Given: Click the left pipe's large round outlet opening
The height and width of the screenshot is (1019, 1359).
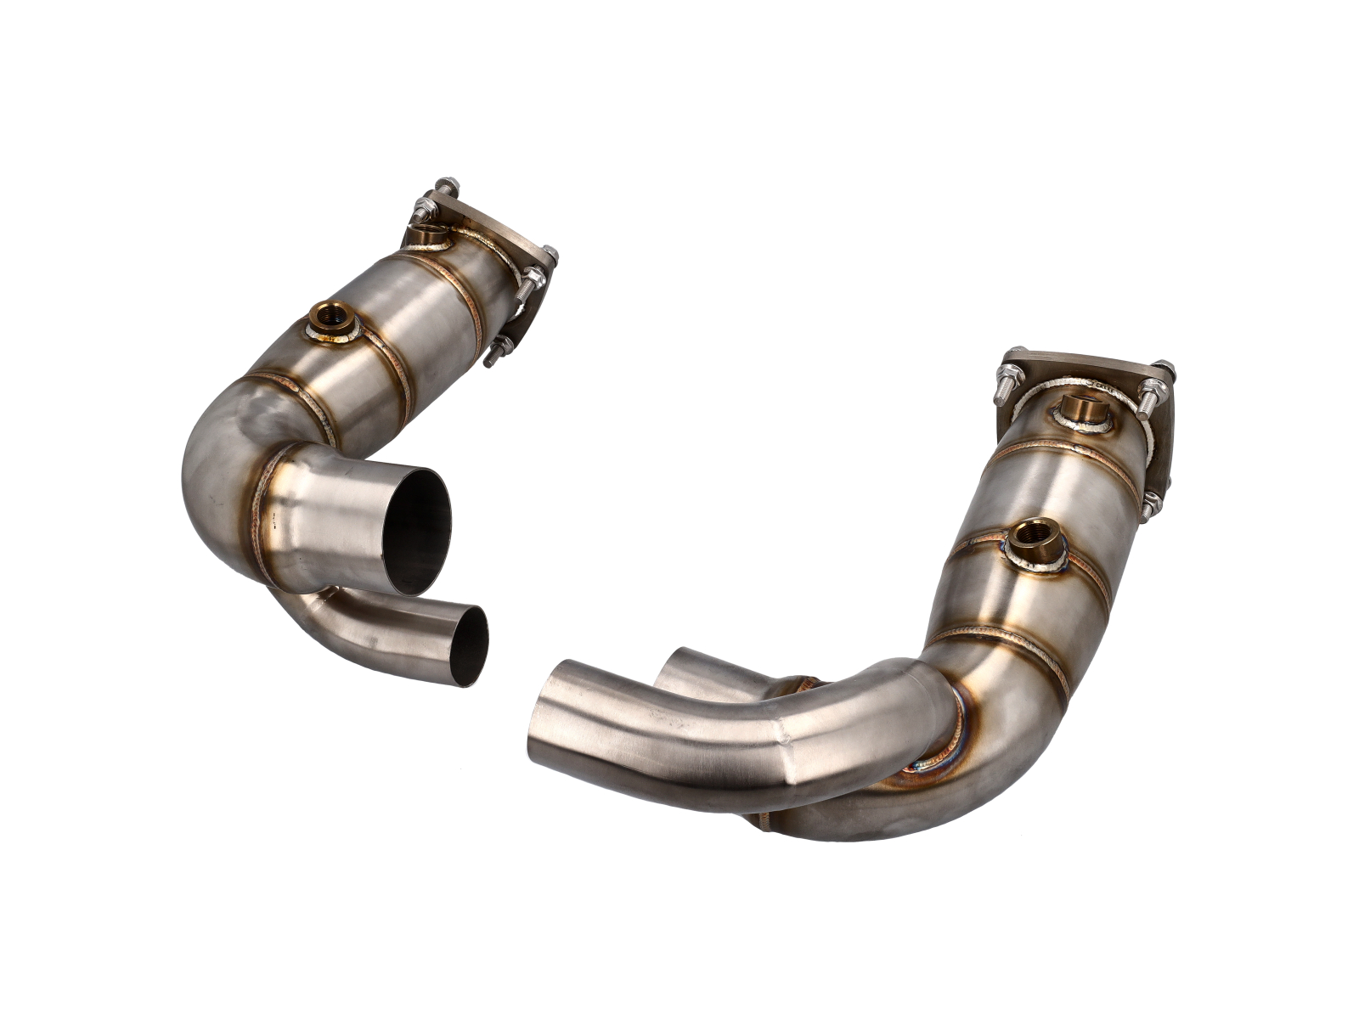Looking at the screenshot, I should (x=415, y=531).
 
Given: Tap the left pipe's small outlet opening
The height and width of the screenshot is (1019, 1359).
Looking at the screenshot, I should (x=468, y=645).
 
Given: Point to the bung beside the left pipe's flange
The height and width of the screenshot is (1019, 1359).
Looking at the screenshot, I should (x=426, y=234).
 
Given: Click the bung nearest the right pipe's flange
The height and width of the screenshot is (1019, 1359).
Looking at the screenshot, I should (x=1080, y=412).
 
